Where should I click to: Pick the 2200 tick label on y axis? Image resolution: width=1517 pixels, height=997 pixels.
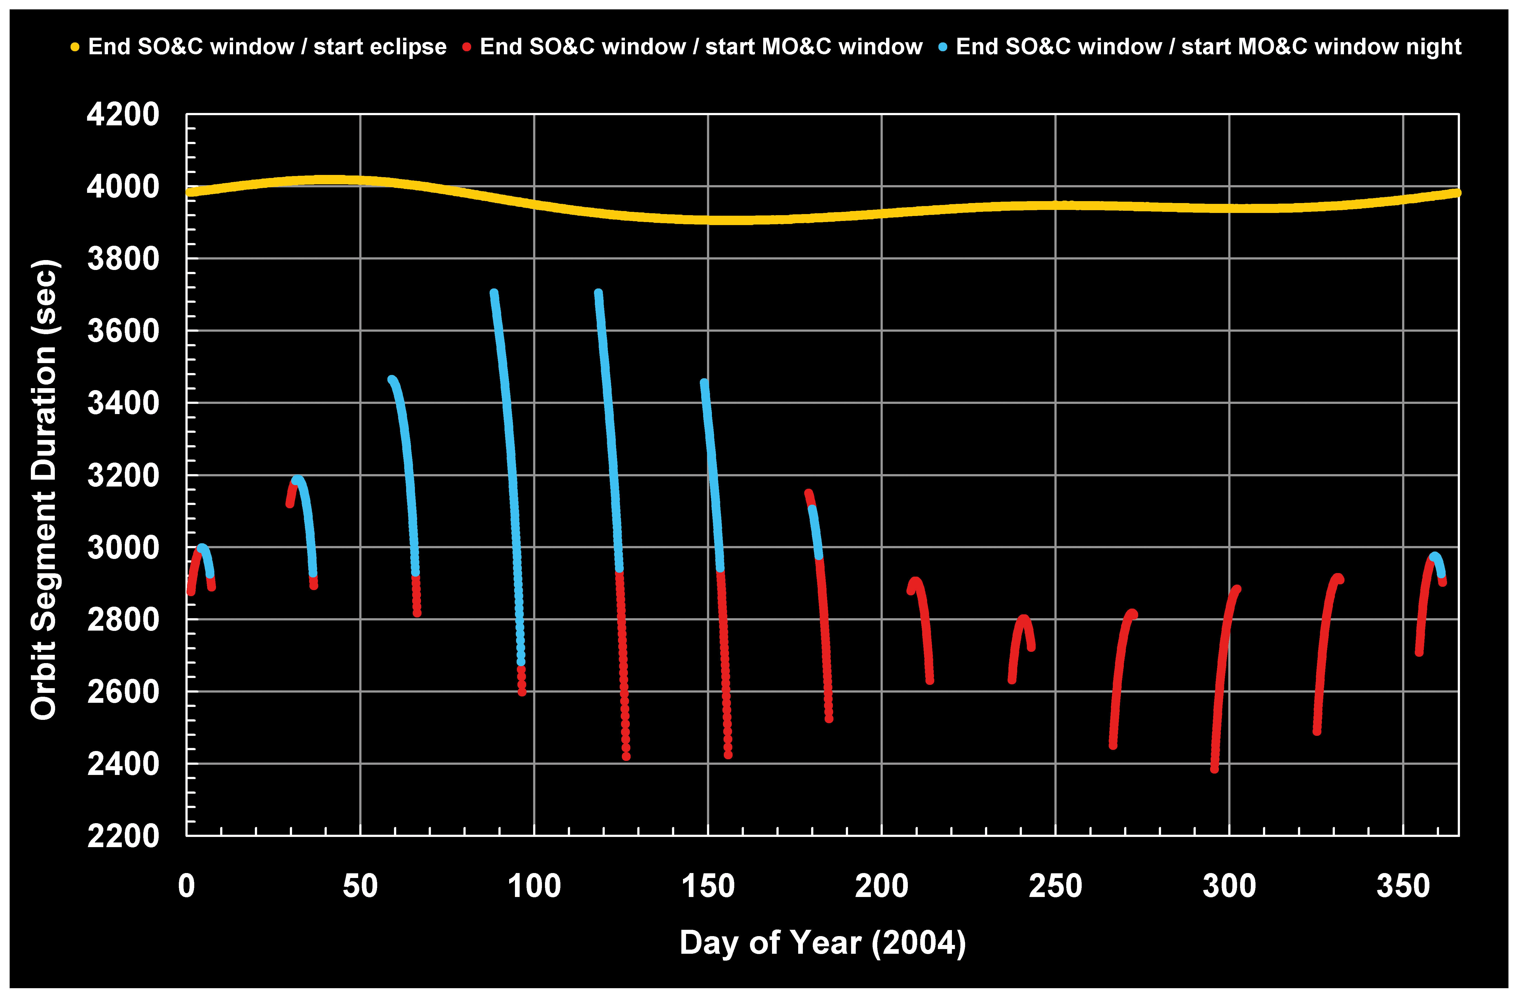123,836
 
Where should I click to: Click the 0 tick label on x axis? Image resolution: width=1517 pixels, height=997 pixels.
186,887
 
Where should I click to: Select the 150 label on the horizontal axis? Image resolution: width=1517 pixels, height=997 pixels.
708,887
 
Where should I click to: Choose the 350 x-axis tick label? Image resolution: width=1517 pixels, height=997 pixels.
1403,887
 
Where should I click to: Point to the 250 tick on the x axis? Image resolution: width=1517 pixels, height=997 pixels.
1056,887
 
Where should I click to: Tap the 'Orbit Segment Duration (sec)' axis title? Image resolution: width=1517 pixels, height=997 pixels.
45,490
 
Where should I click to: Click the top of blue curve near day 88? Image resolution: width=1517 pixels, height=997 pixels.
494,293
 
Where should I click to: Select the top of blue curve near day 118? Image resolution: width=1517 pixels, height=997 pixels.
598,293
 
